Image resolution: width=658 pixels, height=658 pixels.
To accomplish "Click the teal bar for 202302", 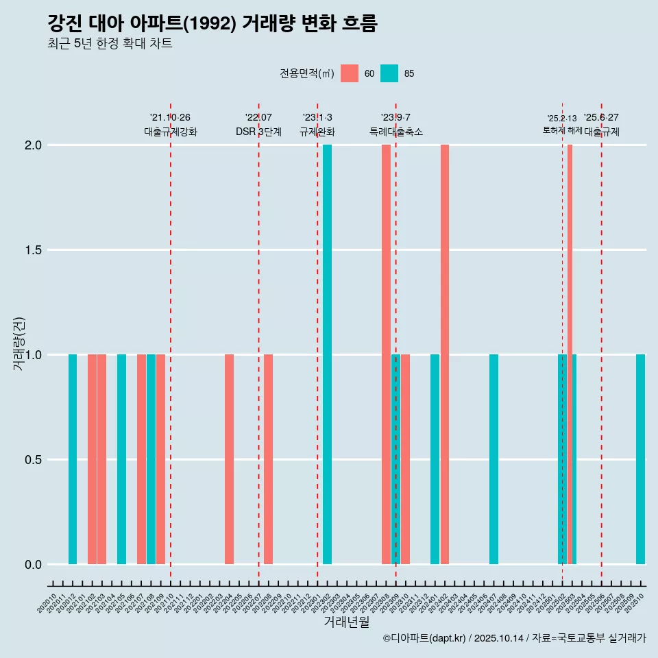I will pos(327,354).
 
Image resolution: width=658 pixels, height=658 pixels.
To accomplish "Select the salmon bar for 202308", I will pos(386,354).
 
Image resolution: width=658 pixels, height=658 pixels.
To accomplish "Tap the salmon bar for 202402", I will pos(445,354).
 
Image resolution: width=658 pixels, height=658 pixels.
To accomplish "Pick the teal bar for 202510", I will pos(640,459).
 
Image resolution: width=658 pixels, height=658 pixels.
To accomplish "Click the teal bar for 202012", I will pos(73,459).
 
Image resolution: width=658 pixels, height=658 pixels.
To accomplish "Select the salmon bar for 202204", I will pos(229,459).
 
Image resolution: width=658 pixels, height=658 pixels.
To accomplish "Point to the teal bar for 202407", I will pos(493,459).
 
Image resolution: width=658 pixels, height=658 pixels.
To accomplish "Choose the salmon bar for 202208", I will pos(268,459).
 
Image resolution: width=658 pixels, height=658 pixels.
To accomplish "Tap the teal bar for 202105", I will pos(121,459).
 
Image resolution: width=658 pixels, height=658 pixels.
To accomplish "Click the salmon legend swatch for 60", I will pos(350,73).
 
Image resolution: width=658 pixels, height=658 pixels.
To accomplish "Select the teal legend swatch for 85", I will pos(389,73).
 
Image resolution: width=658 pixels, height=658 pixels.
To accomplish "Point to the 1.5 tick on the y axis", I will pos(32,250).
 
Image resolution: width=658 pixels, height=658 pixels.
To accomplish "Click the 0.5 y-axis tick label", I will pos(32,460).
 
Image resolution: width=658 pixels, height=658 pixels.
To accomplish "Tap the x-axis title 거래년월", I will pos(346,622).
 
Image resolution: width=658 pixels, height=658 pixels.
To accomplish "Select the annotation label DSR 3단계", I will pos(258,132).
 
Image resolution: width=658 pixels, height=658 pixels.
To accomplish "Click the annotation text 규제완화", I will pos(317,132).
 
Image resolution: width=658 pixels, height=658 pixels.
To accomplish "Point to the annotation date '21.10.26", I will pos(170,117).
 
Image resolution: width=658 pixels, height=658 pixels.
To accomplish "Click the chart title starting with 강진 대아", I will pos(212,23).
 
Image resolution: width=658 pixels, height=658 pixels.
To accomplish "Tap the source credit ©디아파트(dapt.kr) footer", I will pos(514,638).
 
